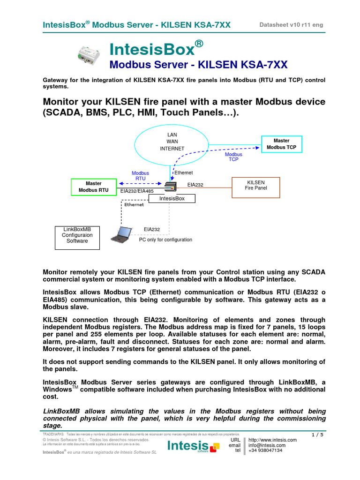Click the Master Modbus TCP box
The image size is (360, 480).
[x=281, y=144]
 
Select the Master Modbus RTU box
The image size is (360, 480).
[x=94, y=187]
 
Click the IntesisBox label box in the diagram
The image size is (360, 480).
[x=172, y=199]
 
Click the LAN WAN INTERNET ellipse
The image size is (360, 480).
[x=172, y=142]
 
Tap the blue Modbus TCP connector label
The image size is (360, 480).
[x=233, y=157]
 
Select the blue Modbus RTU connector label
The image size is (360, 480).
[x=140, y=176]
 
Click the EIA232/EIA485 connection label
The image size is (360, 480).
[x=137, y=191]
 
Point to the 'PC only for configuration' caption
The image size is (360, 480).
[x=165, y=240]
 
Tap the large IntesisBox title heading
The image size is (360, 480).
[x=157, y=49]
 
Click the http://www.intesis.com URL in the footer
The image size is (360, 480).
[x=272, y=440]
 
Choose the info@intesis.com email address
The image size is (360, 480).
[x=267, y=445]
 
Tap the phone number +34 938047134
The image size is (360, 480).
[x=265, y=450]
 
